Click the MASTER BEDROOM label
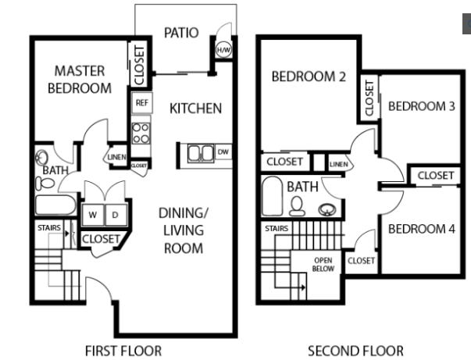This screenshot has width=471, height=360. [x=79, y=80]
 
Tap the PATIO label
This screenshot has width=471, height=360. [x=180, y=33]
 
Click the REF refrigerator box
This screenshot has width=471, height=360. [x=141, y=102]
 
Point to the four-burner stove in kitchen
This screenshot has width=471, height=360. [x=141, y=133]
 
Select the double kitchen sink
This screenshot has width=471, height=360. [x=199, y=152]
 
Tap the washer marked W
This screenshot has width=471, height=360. [x=92, y=214]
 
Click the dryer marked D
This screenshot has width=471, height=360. [x=114, y=214]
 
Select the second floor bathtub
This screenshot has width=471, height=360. [x=273, y=196]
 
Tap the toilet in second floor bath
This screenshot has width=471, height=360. [x=298, y=205]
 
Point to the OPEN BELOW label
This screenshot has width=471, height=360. [x=323, y=265]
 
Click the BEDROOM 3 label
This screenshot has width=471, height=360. [x=421, y=106]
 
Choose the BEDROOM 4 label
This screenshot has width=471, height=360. [x=421, y=229]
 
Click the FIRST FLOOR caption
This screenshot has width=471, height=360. [x=123, y=351]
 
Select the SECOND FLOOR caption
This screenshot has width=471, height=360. [x=355, y=351]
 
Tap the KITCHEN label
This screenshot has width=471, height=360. [x=195, y=109]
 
